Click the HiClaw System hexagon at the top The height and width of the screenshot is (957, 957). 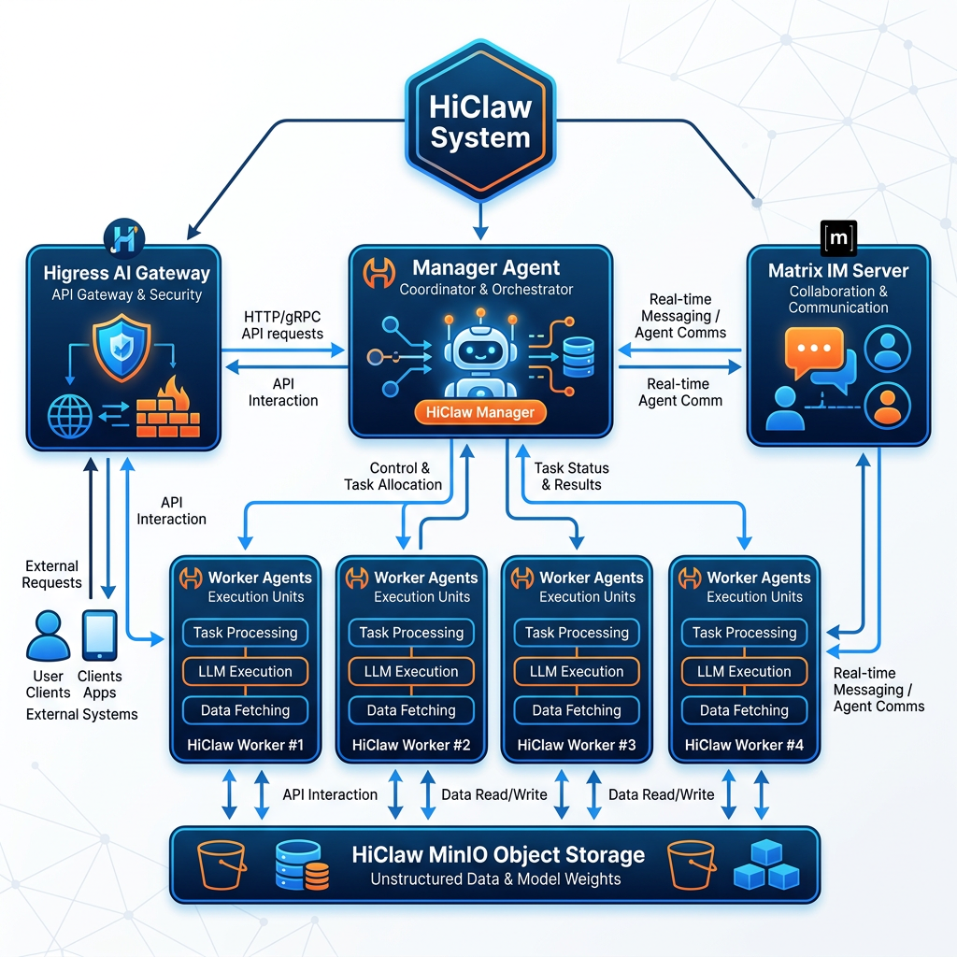pyautogui.click(x=479, y=122)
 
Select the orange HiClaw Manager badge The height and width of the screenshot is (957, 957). pyautogui.click(x=479, y=412)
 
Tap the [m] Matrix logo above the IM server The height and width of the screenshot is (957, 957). pyautogui.click(x=838, y=239)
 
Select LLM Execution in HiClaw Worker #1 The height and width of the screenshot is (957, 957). pyautogui.click(x=245, y=671)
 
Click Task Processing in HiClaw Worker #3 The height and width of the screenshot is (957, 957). pyautogui.click(x=577, y=633)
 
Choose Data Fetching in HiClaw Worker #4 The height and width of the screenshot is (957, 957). pyautogui.click(x=744, y=710)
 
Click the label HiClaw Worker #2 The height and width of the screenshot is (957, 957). pyautogui.click(x=411, y=745)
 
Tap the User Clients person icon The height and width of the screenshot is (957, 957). pyautogui.click(x=48, y=636)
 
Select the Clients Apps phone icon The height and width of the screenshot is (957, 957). pyautogui.click(x=100, y=636)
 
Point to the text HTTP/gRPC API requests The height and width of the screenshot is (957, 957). pyautogui.click(x=283, y=325)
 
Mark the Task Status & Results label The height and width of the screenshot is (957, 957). pyautogui.click(x=571, y=476)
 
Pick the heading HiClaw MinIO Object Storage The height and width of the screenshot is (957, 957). pyautogui.click(x=498, y=854)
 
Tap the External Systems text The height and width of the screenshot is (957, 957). pyautogui.click(x=82, y=714)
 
